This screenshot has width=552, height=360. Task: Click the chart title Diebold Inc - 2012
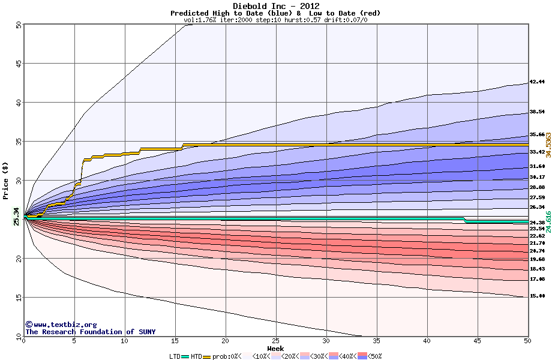click(x=275, y=6)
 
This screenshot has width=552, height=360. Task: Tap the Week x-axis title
click(x=275, y=348)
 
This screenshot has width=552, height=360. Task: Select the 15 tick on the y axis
click(x=19, y=297)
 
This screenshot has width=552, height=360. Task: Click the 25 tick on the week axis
click(x=275, y=341)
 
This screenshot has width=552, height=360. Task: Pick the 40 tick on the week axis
click(x=427, y=341)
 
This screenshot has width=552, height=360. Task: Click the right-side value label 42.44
click(x=536, y=82)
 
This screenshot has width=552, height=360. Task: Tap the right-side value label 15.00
click(x=536, y=296)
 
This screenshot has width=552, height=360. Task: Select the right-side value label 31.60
click(x=536, y=166)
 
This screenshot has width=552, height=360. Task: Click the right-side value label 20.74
click(x=536, y=250)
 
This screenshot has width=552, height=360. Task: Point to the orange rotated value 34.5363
click(x=548, y=145)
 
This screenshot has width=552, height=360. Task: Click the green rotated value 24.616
click(x=548, y=222)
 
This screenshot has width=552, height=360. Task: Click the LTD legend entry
click(x=175, y=356)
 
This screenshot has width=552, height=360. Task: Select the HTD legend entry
click(x=197, y=356)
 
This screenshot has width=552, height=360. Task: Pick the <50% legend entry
click(x=372, y=356)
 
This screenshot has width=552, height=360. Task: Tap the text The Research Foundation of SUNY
click(x=88, y=332)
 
